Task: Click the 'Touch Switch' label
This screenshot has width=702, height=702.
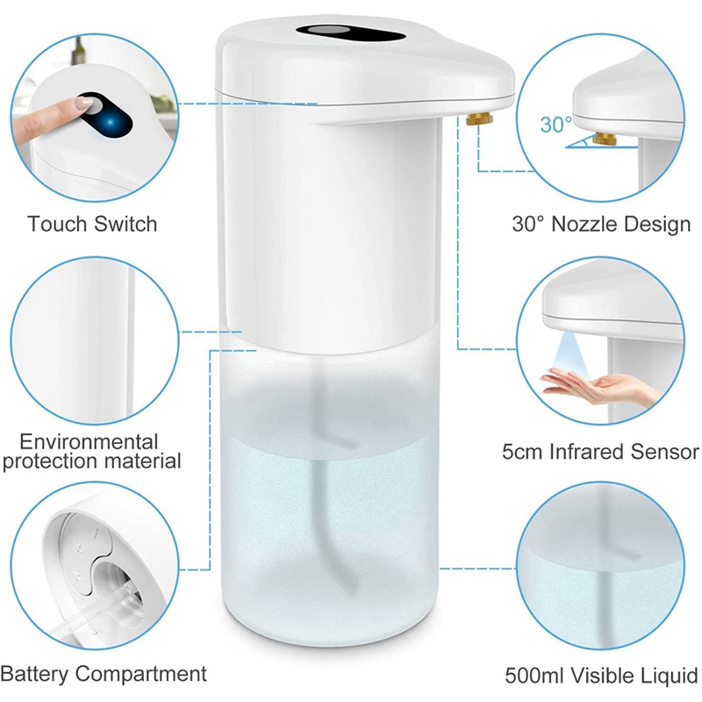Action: pos(92,224)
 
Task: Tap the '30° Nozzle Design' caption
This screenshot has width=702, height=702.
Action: pos(601,224)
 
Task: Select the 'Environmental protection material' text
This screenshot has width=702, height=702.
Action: pos(91,451)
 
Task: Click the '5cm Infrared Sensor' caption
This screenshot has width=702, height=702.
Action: pos(601,452)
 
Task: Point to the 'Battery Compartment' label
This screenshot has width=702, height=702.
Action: pos(104,674)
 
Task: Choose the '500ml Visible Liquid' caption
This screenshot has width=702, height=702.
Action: pos(601,676)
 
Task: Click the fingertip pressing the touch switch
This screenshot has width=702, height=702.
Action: pos(83,105)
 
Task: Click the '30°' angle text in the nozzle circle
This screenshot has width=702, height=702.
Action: pos(555,125)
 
